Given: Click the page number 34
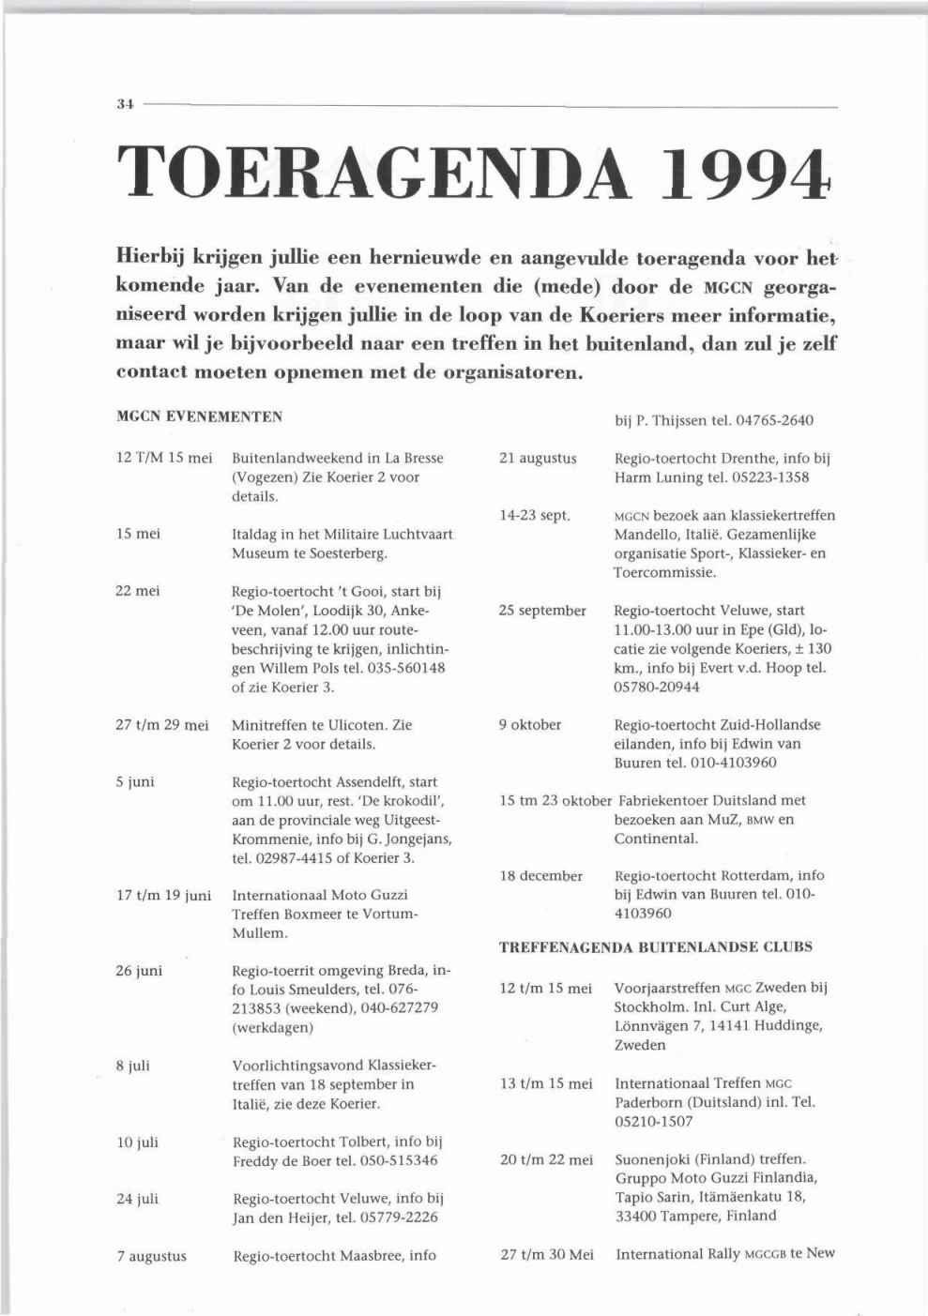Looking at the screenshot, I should click(x=124, y=106).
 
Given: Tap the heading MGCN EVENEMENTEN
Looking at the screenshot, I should click(x=199, y=416).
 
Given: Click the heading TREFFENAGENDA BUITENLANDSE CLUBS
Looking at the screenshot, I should click(x=656, y=947).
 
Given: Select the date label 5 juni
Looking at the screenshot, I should click(x=136, y=781).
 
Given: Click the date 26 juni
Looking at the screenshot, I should click(x=139, y=971).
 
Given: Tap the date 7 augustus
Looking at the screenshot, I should click(x=152, y=1256).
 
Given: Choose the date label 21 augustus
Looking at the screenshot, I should click(x=538, y=459).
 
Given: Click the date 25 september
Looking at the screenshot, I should click(x=542, y=611).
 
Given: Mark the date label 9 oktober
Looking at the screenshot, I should click(x=530, y=724).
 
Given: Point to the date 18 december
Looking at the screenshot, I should click(x=540, y=876).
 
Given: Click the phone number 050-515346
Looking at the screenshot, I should click(x=400, y=1161).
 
